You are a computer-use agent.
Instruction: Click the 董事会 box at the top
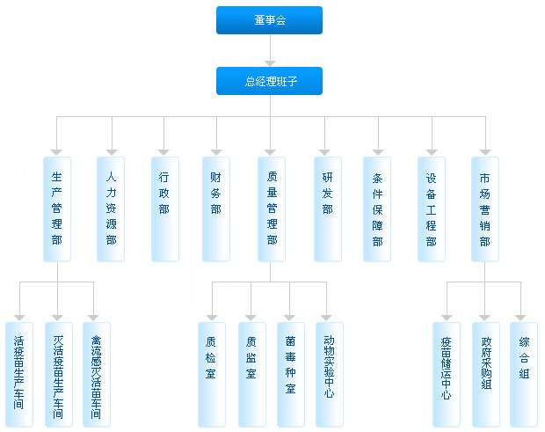click(269, 20)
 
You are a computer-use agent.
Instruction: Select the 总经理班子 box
click(269, 81)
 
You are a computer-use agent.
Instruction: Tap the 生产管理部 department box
click(57, 209)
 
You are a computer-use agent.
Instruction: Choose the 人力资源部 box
click(111, 209)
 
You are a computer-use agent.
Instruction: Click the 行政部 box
click(164, 209)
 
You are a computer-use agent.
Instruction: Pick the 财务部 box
click(215, 209)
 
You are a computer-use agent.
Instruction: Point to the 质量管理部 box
click(272, 209)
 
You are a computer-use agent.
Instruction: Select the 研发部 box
click(327, 209)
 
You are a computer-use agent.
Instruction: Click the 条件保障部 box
click(377, 209)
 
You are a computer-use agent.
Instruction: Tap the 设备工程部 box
click(431, 209)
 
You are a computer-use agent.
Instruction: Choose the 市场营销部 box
click(484, 209)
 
